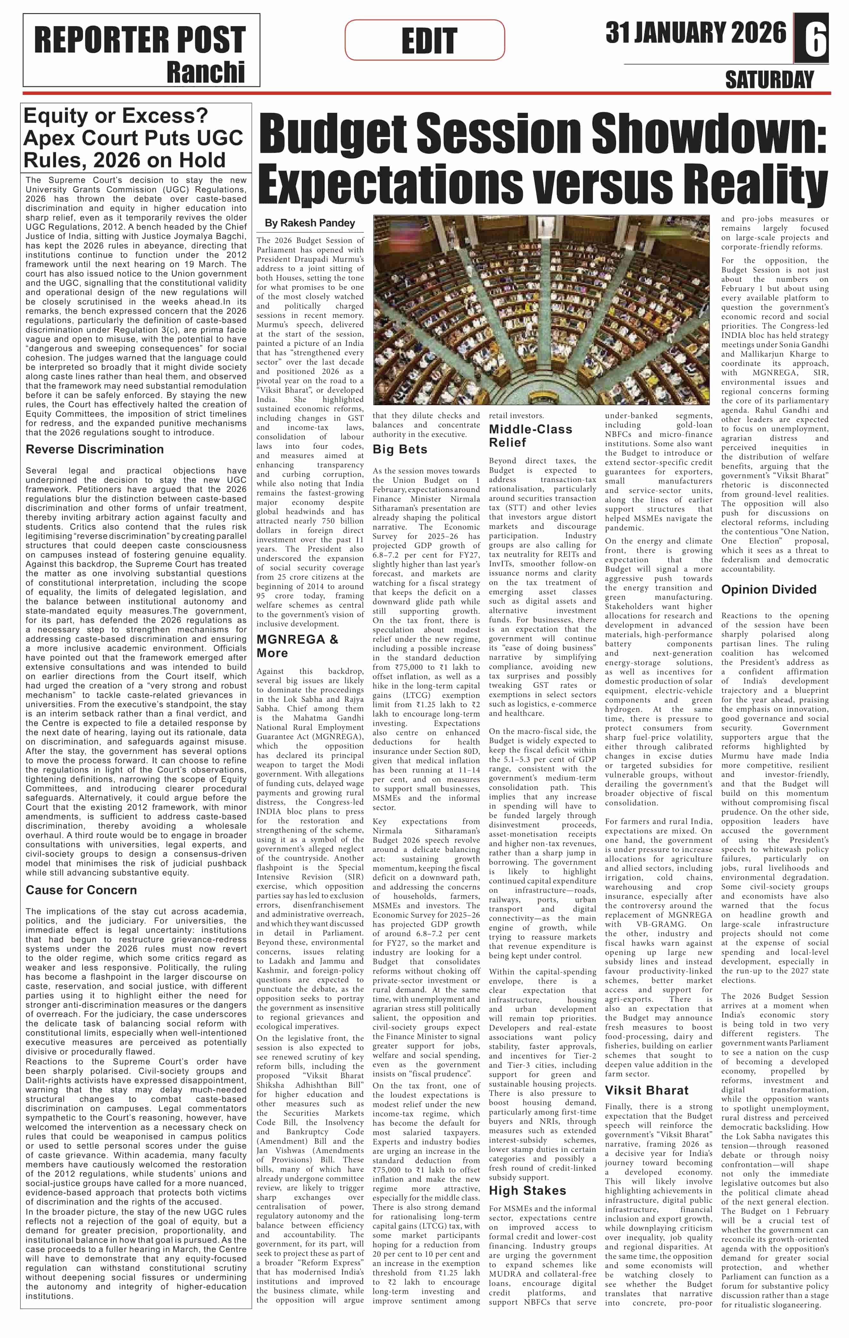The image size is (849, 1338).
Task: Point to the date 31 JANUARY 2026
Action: coord(696,33)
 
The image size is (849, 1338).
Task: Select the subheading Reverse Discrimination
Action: coord(95,449)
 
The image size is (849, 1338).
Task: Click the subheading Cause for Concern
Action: coord(81,890)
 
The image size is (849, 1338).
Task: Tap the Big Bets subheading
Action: coord(400,449)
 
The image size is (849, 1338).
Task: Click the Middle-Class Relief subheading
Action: coord(530,436)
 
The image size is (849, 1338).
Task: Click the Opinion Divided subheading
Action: coord(769,589)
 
